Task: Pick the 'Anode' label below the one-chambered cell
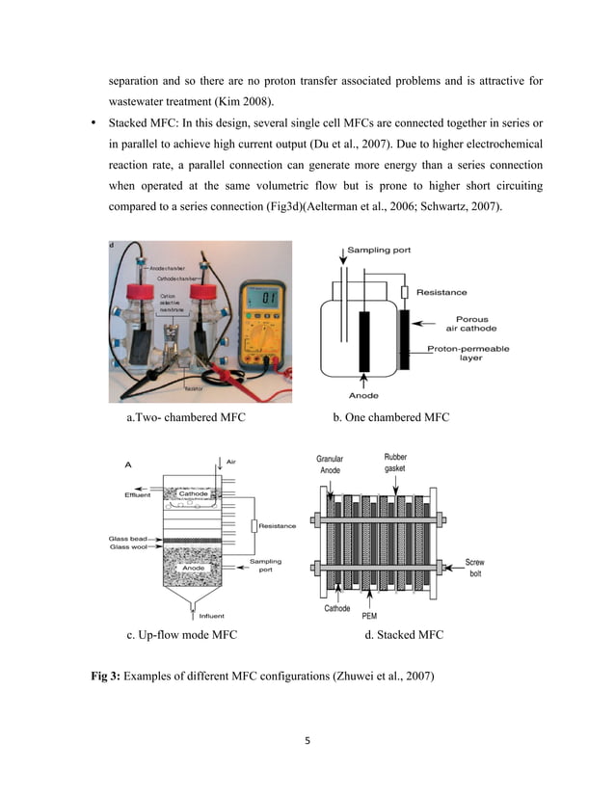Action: click(x=361, y=395)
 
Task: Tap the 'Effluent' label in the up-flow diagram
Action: click(x=131, y=495)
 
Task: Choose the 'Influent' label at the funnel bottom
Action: click(x=211, y=615)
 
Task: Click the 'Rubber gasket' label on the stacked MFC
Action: click(x=395, y=463)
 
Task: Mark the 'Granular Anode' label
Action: click(x=330, y=464)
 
